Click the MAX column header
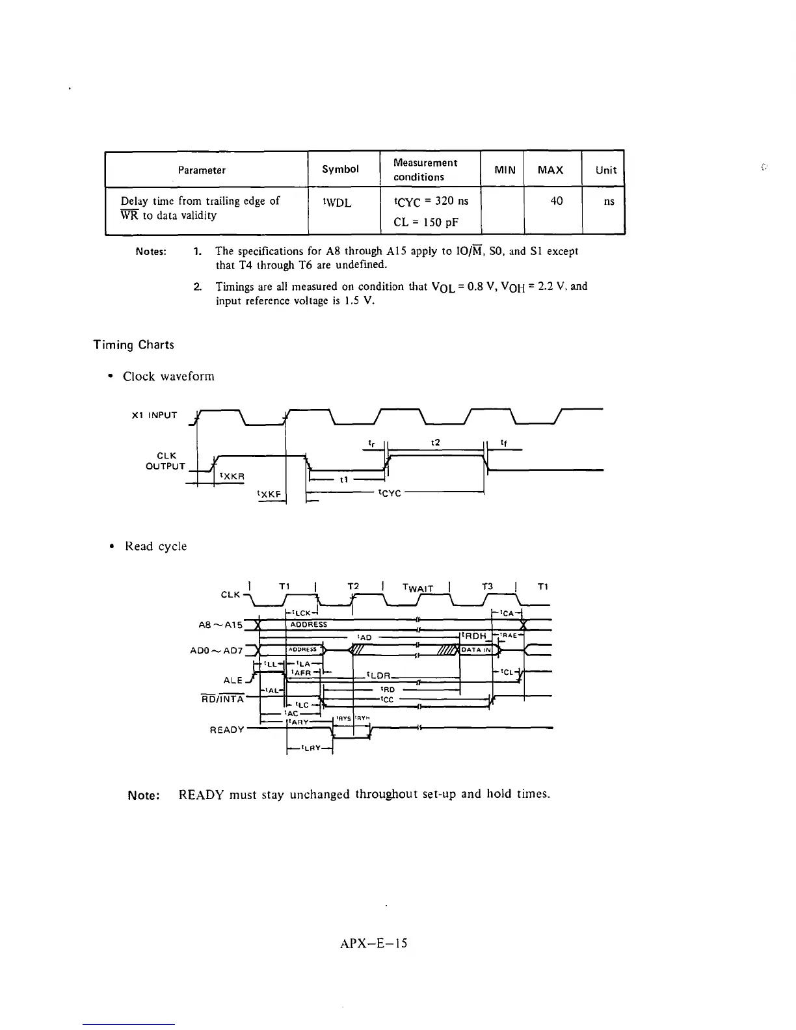point(550,170)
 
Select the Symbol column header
point(340,169)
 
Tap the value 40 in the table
point(556,202)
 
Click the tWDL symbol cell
point(337,203)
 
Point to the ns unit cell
point(609,202)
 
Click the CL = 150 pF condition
point(426,222)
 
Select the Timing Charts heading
point(134,345)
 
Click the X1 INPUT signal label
point(154,415)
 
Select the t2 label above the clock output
point(436,442)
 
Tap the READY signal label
point(227,730)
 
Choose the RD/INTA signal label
point(222,699)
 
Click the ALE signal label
point(232,680)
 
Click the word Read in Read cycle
point(139,546)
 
